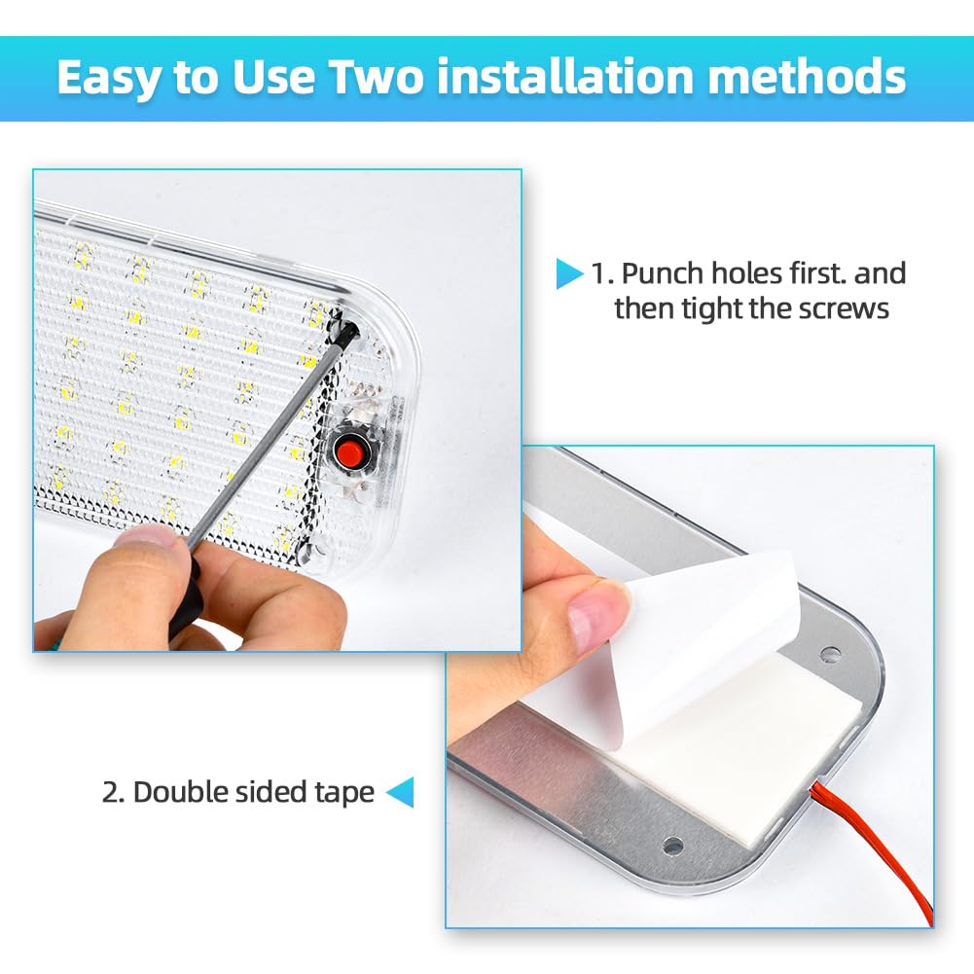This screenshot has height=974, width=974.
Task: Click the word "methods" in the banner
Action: pyautogui.click(x=807, y=77)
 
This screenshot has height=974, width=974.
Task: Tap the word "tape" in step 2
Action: pyautogui.click(x=344, y=793)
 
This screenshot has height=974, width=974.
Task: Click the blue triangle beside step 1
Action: pyautogui.click(x=568, y=274)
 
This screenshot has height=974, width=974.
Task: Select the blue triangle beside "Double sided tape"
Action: pyautogui.click(x=401, y=793)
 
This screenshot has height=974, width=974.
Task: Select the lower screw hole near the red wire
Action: pyautogui.click(x=672, y=846)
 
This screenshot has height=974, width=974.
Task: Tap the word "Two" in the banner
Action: pyautogui.click(x=376, y=77)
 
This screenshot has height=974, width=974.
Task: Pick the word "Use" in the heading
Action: pyautogui.click(x=272, y=77)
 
